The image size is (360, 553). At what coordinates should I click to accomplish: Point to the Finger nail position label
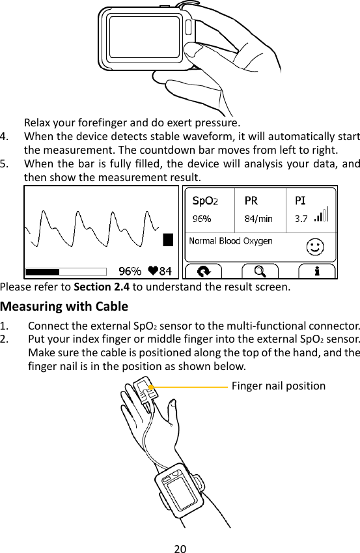(279, 386)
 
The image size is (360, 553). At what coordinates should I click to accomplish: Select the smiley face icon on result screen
(316, 246)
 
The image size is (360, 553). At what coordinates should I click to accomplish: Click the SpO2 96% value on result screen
(202, 219)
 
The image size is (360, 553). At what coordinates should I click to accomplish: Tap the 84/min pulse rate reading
(258, 219)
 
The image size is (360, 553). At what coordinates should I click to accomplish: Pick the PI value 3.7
(301, 219)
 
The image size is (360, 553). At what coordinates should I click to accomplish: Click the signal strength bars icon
(322, 215)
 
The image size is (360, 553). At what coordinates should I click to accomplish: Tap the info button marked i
(316, 271)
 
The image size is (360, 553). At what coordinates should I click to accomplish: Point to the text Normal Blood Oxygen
(230, 241)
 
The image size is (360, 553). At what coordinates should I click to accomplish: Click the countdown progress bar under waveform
(65, 271)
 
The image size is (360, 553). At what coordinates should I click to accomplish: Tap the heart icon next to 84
(153, 271)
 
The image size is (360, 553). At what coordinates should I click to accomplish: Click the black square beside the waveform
(168, 240)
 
